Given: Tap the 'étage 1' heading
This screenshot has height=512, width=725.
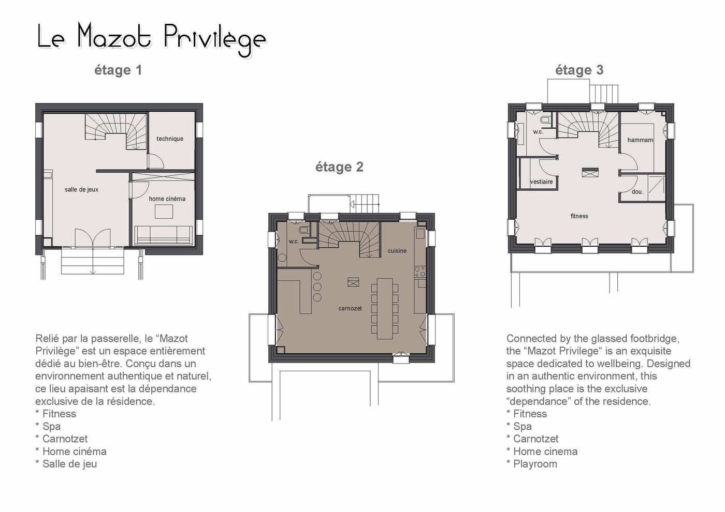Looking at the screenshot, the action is point(118,70).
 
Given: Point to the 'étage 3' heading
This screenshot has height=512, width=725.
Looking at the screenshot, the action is point(579,70).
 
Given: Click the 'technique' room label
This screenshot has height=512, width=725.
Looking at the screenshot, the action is point(170,139).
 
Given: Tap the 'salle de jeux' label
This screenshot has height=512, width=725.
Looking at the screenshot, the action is point(82,190).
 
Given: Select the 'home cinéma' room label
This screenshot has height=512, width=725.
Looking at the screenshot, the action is point(167,199).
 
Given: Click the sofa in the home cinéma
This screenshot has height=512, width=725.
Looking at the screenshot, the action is point(164,235).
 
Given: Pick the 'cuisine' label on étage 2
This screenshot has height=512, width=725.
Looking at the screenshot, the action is point(397,251).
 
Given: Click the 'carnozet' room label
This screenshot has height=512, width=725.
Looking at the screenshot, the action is point(350,309).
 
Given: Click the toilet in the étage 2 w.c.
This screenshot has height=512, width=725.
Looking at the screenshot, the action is point(304,231).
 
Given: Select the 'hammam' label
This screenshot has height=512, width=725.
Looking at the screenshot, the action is point(640,140).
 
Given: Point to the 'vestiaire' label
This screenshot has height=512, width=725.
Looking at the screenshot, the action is point(542,182).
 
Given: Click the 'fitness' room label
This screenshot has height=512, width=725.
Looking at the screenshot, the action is point(579,216).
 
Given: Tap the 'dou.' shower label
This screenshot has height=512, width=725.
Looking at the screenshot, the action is point(637,192).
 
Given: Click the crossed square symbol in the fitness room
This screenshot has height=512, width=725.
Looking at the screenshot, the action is point(590,172).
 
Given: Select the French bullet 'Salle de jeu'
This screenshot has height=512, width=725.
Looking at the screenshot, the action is point(66,464).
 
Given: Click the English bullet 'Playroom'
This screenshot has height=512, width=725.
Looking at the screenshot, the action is point(532,464).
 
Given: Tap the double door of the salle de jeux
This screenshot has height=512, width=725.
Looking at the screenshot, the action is point(93,238).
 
